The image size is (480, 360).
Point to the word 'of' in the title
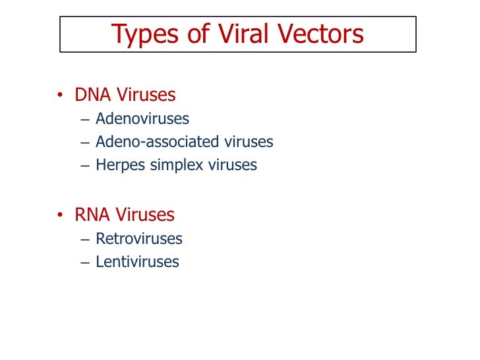coord(195,34)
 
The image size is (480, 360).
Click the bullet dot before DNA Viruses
coord(60,96)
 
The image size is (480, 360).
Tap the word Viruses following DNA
coord(146,95)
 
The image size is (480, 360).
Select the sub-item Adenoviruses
coord(142,119)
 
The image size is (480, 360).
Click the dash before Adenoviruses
coord(83,119)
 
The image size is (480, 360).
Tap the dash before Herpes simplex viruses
coord(83,165)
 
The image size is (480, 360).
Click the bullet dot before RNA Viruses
coord(60,216)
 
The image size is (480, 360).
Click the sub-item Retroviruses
coord(138,239)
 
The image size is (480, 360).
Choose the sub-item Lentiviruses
coord(137,262)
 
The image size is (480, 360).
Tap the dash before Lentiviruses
coord(83,262)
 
